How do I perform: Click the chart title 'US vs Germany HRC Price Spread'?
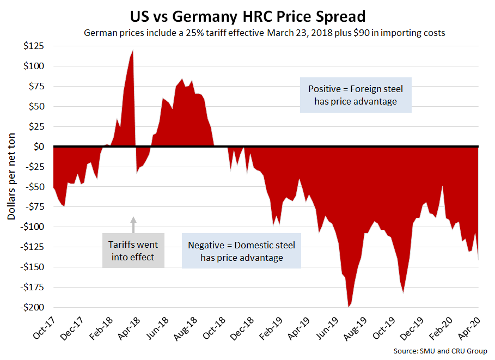click(x=248, y=14)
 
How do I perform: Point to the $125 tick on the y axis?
click(x=34, y=46)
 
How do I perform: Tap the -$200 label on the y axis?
click(x=33, y=307)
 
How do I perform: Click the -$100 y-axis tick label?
click(x=33, y=227)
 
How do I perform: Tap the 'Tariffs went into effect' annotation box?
click(x=133, y=251)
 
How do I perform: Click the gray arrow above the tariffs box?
click(x=133, y=223)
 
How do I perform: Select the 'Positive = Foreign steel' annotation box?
click(x=356, y=94)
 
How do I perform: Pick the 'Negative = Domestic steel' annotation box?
click(x=241, y=251)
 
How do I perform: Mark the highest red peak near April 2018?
click(x=133, y=51)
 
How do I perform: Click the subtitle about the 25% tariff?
click(x=265, y=33)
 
